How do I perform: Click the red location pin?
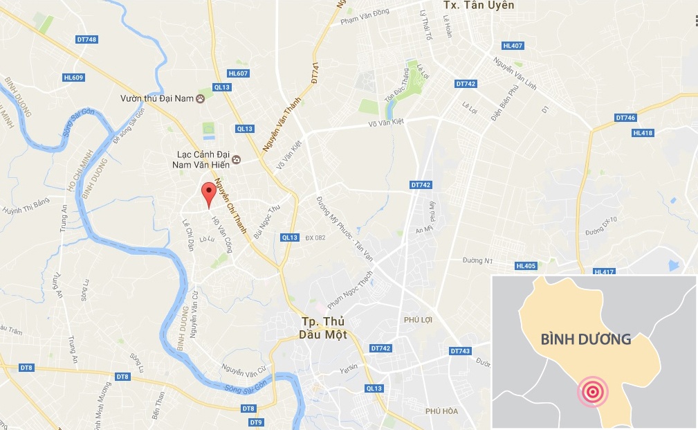tap(207, 194)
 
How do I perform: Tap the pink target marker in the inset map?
tap(592, 393)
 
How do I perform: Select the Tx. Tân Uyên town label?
tap(478, 6)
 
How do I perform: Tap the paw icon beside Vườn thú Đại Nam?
tap(201, 99)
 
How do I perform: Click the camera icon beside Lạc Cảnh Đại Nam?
tap(236, 160)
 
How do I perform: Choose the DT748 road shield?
tap(87, 39)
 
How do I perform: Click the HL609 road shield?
tap(73, 78)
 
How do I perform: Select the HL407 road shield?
tap(513, 46)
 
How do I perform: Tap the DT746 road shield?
tap(625, 118)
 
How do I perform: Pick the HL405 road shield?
tap(526, 266)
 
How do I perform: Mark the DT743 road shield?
tap(460, 351)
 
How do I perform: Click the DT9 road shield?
tap(256, 422)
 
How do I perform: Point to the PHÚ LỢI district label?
tap(418, 320)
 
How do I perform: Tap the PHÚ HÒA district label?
tap(442, 411)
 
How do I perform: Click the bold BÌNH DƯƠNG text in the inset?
tap(585, 339)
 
